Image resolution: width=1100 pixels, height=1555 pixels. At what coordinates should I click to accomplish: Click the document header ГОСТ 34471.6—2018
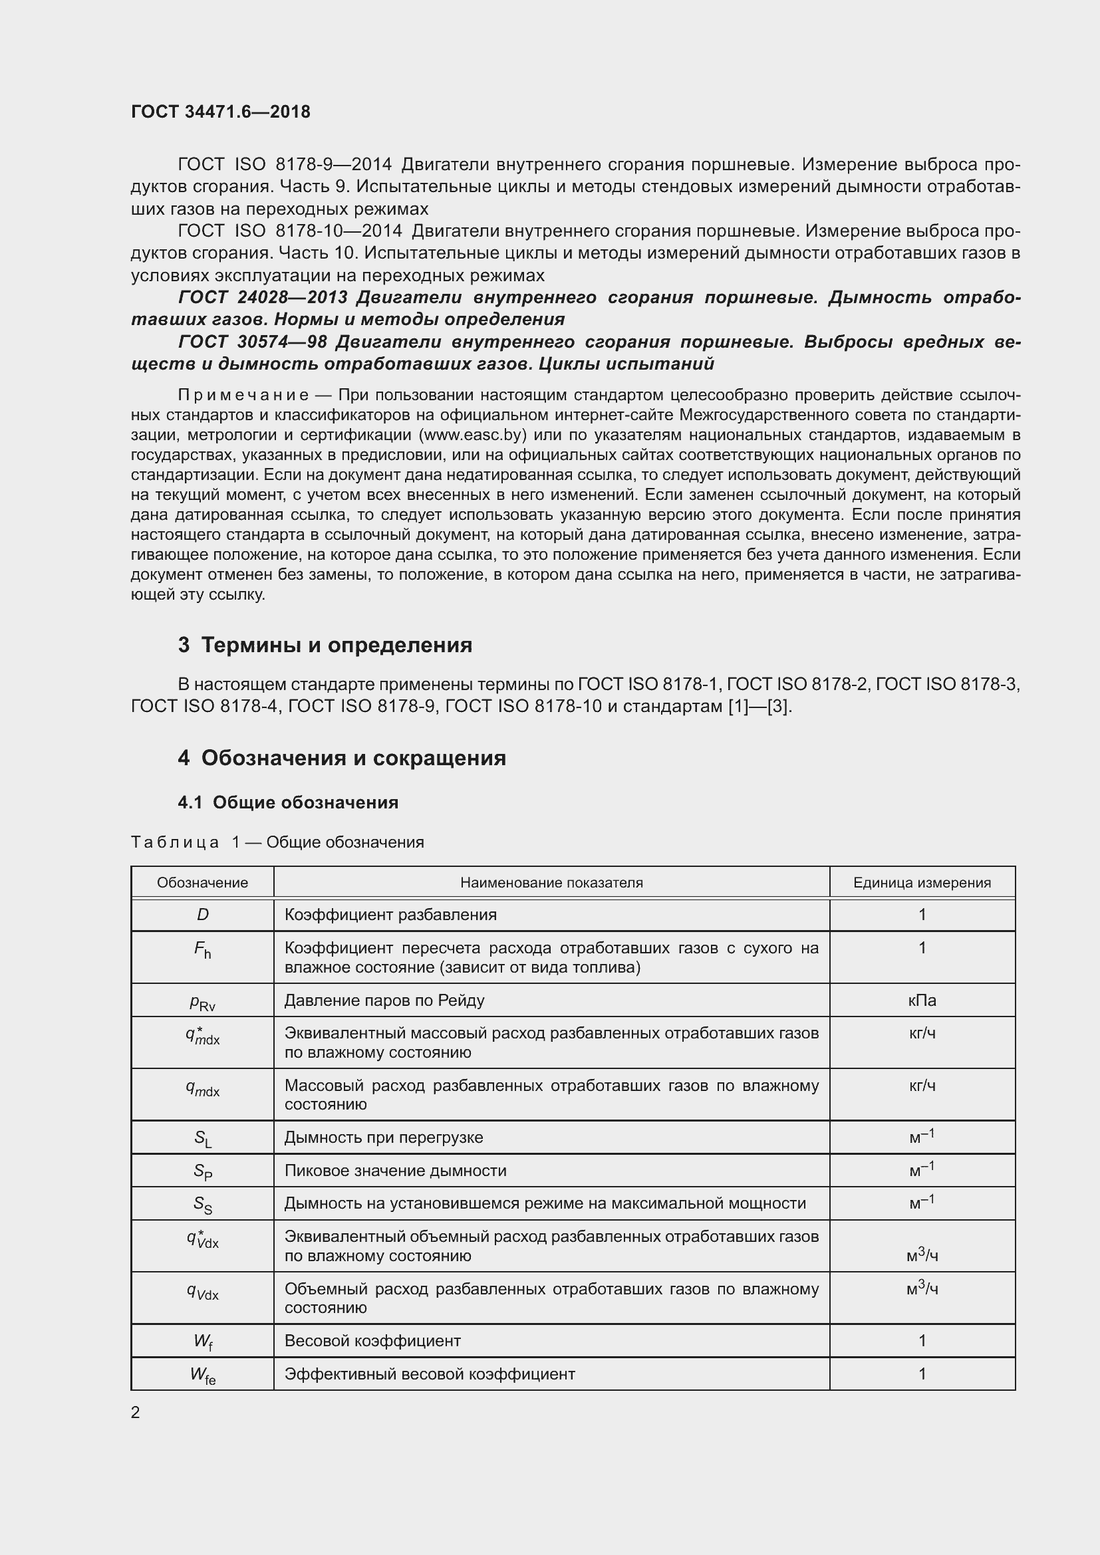coord(221,112)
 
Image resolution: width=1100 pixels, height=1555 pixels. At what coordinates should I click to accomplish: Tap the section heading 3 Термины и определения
coord(325,645)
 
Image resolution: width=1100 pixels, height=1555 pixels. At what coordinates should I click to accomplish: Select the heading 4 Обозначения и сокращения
coord(341,757)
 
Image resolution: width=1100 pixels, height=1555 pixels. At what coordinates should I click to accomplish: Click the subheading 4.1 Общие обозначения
coord(288,802)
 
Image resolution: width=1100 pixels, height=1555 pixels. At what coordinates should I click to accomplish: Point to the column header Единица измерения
coord(922,882)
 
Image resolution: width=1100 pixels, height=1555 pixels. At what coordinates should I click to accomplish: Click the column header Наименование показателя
coord(551,882)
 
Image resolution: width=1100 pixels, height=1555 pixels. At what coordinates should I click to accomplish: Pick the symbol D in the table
coord(203,915)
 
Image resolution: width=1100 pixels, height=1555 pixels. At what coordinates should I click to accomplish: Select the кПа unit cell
coord(922,1001)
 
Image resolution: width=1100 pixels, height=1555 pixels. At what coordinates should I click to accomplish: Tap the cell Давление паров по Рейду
coord(384,1001)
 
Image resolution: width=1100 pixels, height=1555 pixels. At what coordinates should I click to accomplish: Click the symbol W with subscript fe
coord(203,1374)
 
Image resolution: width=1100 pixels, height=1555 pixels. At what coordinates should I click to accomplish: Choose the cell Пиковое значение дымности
coord(395,1170)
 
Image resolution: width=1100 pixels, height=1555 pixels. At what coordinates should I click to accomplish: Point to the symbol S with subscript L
coord(203,1138)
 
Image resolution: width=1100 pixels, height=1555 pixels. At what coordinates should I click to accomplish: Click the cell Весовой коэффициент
coord(372,1340)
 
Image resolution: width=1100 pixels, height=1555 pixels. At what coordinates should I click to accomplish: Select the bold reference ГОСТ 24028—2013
coord(263,297)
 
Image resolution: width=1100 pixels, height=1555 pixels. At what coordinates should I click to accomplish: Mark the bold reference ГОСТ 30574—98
coord(251,342)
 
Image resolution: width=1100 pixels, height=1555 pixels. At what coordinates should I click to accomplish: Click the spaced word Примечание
coord(243,395)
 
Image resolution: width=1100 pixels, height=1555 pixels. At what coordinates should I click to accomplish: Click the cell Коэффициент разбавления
coord(390,915)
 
